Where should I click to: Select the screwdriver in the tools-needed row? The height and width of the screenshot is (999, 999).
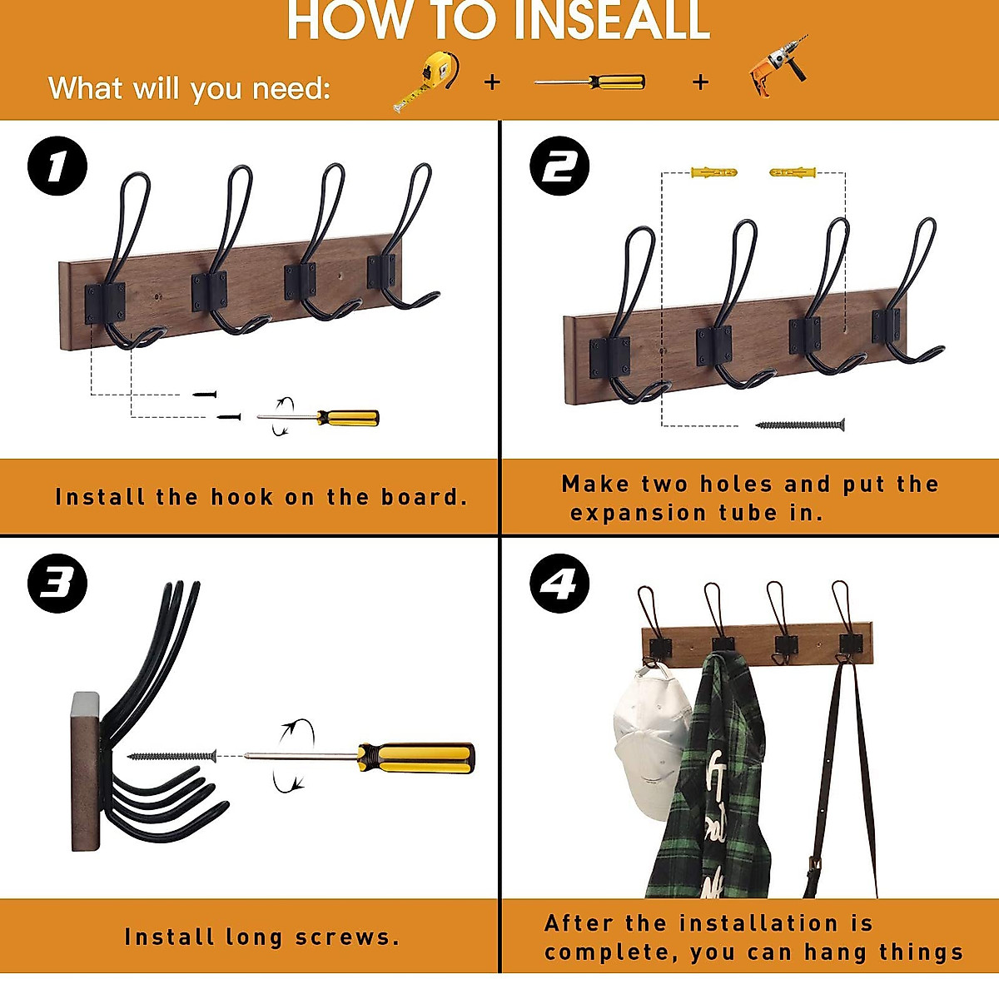590,82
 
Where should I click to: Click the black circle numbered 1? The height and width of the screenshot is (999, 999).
57,166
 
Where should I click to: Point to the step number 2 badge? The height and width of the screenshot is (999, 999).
559,166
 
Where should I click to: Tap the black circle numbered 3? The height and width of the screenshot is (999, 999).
57,584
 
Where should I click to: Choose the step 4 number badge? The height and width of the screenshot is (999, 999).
559,584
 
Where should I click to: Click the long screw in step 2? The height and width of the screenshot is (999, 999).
800,425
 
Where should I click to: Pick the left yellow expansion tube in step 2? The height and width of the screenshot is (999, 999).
713,171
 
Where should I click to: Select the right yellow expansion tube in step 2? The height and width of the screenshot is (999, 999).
793,171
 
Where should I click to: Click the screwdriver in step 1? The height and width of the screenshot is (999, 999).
318,417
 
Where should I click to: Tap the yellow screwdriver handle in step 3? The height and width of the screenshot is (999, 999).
416,758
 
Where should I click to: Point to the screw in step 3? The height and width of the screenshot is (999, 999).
172,757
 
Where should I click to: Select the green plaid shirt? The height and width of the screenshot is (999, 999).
705,778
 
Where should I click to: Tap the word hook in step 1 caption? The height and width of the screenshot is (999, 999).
242,497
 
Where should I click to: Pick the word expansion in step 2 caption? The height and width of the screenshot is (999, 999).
639,514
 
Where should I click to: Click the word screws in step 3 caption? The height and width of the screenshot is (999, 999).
347,937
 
